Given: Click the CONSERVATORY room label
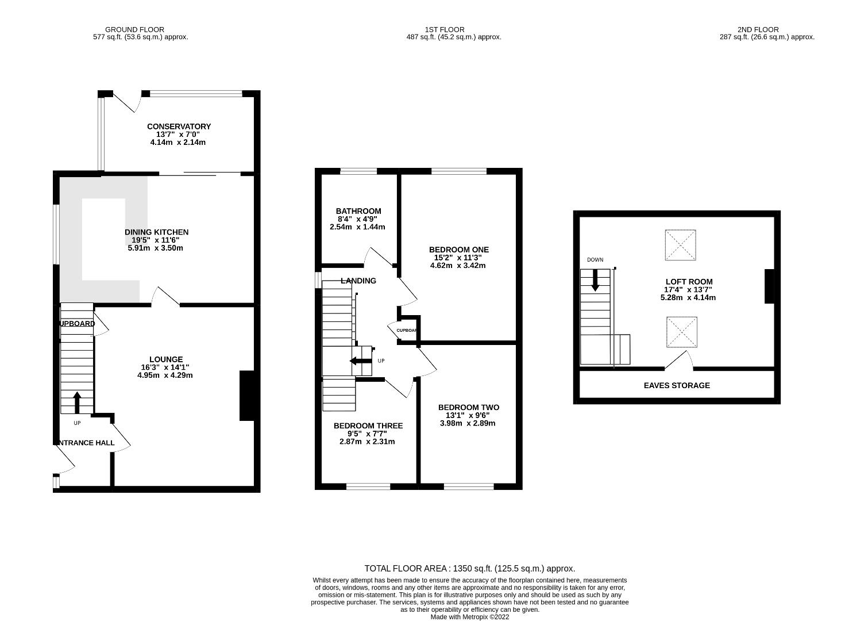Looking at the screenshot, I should [179, 126].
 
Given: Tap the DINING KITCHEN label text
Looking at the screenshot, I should [156, 232].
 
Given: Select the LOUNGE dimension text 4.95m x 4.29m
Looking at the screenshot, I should [165, 375].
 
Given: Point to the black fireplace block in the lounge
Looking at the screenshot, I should [246, 396].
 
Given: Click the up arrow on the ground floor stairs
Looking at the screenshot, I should [76, 402].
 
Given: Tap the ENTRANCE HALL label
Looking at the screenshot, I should [85, 443].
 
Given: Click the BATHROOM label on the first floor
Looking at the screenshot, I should [358, 211].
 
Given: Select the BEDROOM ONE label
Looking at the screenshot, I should [459, 250].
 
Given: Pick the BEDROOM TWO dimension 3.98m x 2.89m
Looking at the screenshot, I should [468, 423].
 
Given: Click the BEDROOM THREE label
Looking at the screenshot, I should [368, 426].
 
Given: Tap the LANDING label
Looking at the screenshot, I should [358, 281].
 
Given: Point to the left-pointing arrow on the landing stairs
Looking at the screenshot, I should [361, 361].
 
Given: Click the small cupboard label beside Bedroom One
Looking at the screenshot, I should [407, 331].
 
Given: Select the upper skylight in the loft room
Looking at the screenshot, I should [681, 245].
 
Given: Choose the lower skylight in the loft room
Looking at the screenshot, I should [682, 332].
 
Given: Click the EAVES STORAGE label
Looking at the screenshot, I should [677, 386].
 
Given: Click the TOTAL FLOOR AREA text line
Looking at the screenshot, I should [469, 569].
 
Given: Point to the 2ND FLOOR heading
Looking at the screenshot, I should [758, 29].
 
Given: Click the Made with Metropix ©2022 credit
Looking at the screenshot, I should [469, 617].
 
